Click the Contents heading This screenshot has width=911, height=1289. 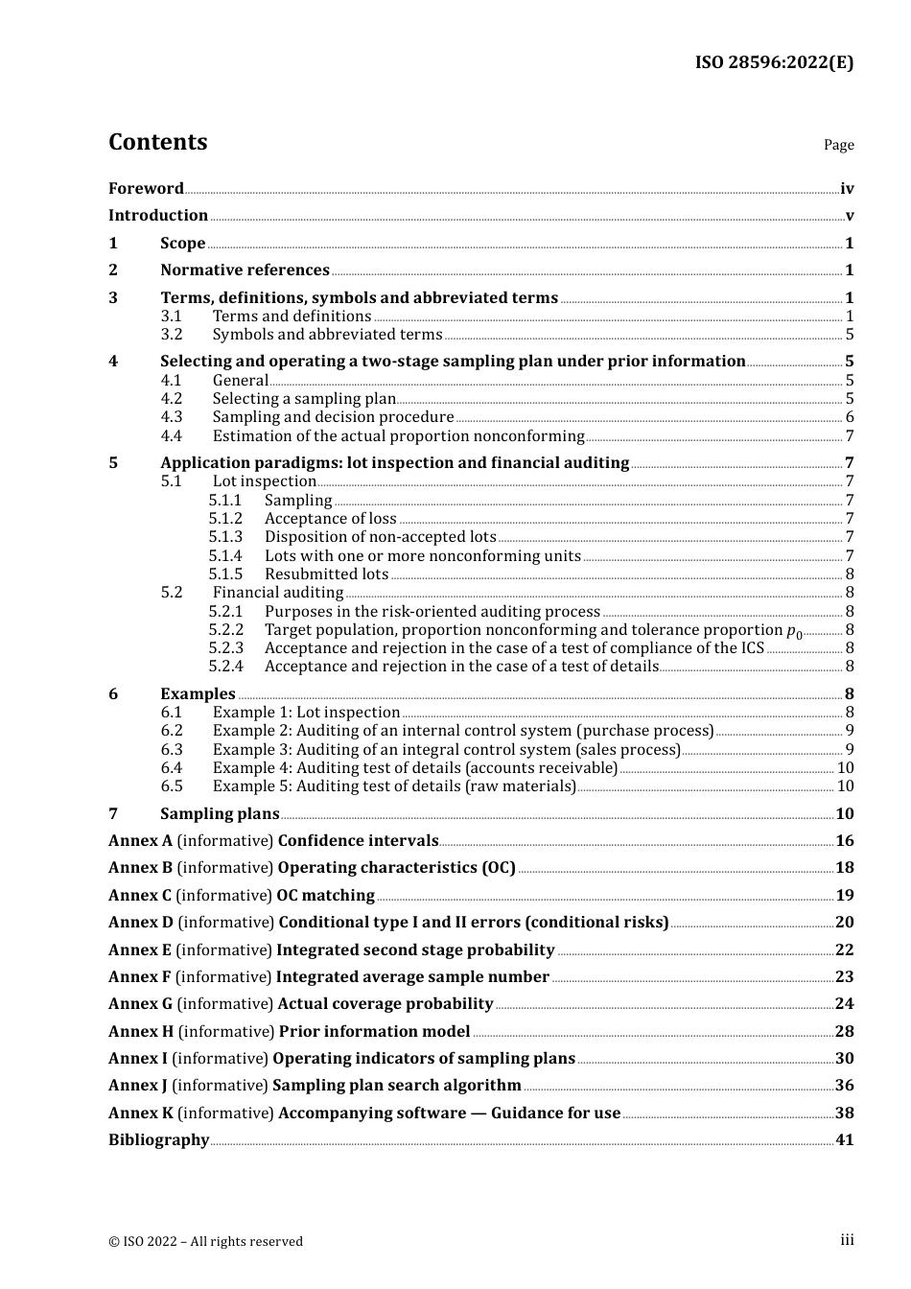(x=157, y=142)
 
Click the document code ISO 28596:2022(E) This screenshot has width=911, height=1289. (x=774, y=62)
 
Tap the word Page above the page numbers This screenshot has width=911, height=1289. (x=838, y=145)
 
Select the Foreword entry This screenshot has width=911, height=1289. (x=146, y=189)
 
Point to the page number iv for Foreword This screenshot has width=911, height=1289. (x=847, y=189)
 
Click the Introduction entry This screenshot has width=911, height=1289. (x=158, y=216)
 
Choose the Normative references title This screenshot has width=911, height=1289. (x=245, y=270)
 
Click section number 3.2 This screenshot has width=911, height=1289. (x=172, y=335)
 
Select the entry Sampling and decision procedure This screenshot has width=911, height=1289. (x=333, y=417)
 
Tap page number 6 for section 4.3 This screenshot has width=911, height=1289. (x=850, y=417)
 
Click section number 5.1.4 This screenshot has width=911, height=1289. (x=225, y=556)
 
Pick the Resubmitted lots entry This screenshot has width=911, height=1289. (x=326, y=574)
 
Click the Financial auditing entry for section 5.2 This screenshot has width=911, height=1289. (x=277, y=593)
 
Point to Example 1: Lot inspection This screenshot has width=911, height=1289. (x=306, y=713)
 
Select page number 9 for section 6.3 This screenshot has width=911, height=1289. (x=850, y=750)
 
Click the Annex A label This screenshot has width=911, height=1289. (x=140, y=841)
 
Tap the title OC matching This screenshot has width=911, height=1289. (x=325, y=896)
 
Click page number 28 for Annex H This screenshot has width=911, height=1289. (x=844, y=1032)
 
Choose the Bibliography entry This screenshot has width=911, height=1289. (x=158, y=1140)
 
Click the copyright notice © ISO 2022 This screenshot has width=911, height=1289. (x=205, y=1241)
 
